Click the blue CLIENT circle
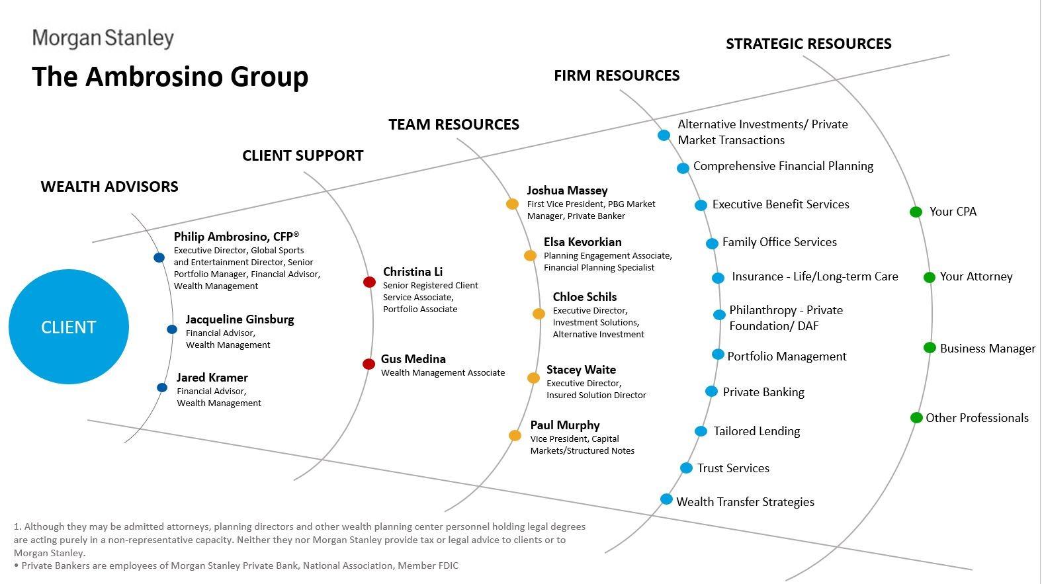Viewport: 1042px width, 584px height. [x=69, y=327]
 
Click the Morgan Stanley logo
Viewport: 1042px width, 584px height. [x=103, y=38]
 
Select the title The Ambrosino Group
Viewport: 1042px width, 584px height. [x=170, y=77]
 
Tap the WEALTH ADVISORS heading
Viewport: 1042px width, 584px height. [x=110, y=187]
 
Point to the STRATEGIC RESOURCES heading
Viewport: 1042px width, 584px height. [x=808, y=44]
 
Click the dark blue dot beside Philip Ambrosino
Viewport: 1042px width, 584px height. [x=159, y=257]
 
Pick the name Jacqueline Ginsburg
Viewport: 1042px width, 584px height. [x=239, y=319]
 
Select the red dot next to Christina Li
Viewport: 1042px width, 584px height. [x=369, y=282]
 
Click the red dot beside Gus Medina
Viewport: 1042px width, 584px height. [x=369, y=364]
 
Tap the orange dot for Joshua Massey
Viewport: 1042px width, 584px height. [x=512, y=204]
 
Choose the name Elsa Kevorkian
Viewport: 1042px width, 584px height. [x=582, y=242]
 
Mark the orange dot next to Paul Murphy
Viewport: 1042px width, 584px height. [x=515, y=435]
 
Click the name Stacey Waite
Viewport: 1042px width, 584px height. [x=581, y=370]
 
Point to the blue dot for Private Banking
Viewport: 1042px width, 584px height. [x=711, y=392]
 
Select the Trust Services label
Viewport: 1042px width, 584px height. [x=733, y=468]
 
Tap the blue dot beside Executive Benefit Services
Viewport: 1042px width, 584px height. [x=701, y=205]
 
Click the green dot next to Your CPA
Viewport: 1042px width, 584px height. [x=916, y=212]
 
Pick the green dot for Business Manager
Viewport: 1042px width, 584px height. [x=930, y=348]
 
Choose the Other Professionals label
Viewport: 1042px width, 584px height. [x=977, y=418]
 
